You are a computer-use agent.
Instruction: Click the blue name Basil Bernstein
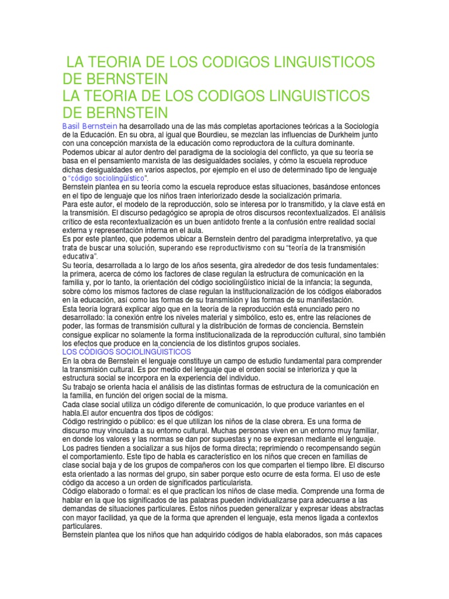point(90,126)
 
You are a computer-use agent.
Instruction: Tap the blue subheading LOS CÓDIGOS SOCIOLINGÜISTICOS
point(127,353)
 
